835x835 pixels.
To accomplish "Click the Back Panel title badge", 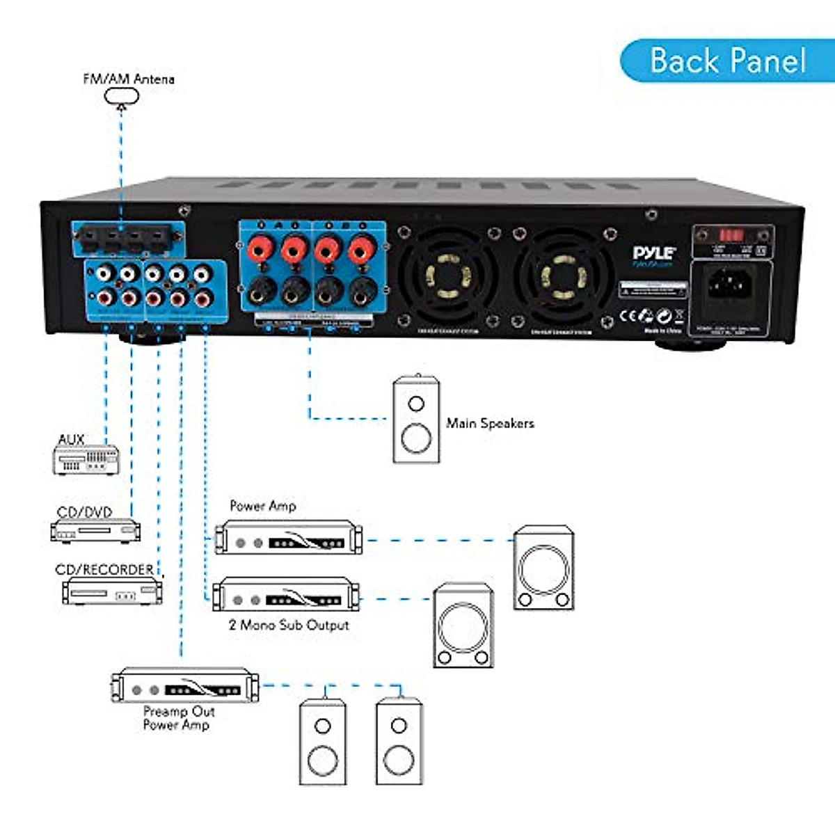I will [x=726, y=61].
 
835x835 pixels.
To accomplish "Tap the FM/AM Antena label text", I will [x=129, y=79].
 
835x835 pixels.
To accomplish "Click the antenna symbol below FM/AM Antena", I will [x=122, y=96].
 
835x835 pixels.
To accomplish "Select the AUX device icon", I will [x=86, y=460].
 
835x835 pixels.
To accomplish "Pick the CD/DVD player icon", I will [x=95, y=531].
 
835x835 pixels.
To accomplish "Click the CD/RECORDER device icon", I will [x=112, y=591].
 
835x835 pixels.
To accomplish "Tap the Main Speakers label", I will [x=490, y=423].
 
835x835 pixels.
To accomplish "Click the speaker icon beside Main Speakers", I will [x=416, y=420].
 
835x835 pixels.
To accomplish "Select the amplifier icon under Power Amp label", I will [x=288, y=537].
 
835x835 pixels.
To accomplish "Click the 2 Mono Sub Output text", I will [x=289, y=625].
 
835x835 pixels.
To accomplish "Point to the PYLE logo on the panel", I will [x=654, y=253].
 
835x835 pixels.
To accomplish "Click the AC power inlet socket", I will [x=726, y=285].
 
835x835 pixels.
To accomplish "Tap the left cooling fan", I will [x=447, y=277].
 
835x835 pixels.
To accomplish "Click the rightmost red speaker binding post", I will [x=360, y=248].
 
